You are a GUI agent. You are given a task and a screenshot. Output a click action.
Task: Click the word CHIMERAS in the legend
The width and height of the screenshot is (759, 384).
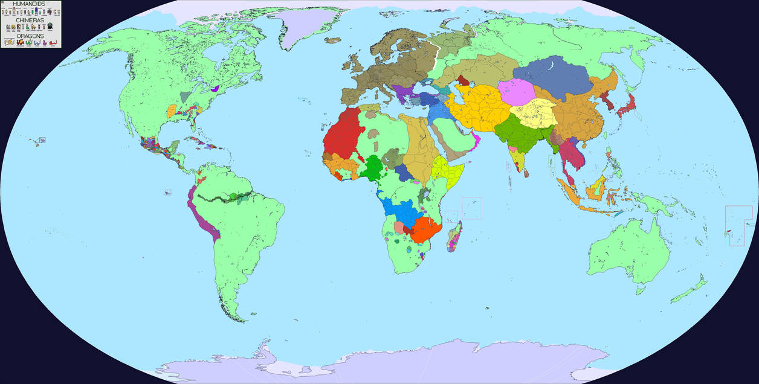point(31,19)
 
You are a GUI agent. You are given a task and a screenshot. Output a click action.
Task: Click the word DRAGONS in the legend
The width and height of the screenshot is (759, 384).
point(30,36)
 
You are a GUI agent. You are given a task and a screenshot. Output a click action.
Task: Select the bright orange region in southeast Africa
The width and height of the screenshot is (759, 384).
point(426,229)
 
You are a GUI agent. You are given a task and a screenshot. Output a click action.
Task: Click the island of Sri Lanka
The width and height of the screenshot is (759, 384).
point(525,173)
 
